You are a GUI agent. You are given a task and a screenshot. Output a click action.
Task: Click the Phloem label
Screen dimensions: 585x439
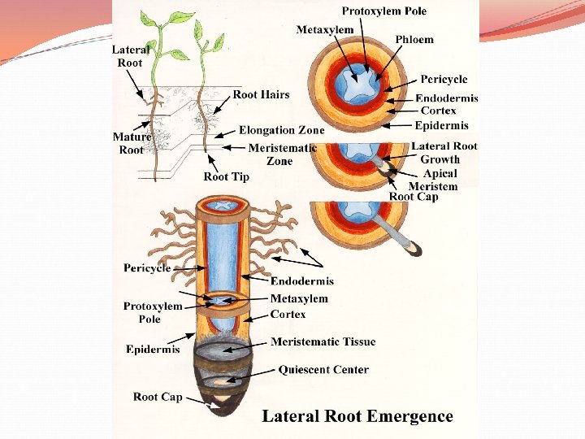click(x=414, y=39)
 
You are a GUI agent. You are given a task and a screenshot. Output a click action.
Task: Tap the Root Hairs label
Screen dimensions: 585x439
click(x=261, y=94)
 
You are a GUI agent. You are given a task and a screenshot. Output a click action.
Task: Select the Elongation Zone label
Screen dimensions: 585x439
click(x=281, y=130)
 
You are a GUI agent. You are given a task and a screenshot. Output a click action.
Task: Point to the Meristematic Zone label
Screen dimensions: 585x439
click(x=282, y=154)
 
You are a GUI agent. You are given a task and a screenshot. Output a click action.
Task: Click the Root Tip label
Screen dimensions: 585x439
click(x=226, y=176)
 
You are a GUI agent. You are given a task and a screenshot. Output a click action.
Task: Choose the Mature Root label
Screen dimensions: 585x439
click(x=132, y=143)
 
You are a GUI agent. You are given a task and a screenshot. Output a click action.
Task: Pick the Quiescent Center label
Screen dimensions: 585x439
click(x=323, y=370)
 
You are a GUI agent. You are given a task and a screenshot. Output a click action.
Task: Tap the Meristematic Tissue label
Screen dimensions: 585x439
click(x=323, y=341)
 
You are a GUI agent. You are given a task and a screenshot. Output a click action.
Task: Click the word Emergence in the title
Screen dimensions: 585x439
click(x=410, y=416)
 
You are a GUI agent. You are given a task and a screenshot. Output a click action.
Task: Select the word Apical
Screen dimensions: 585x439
click(x=440, y=173)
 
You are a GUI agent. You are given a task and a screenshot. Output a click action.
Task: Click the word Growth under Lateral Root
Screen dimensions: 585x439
click(x=440, y=160)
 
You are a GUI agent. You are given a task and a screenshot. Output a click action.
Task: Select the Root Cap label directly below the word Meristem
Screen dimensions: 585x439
click(x=413, y=197)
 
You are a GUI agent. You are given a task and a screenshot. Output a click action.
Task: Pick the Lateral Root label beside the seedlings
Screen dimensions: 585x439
click(x=130, y=56)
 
